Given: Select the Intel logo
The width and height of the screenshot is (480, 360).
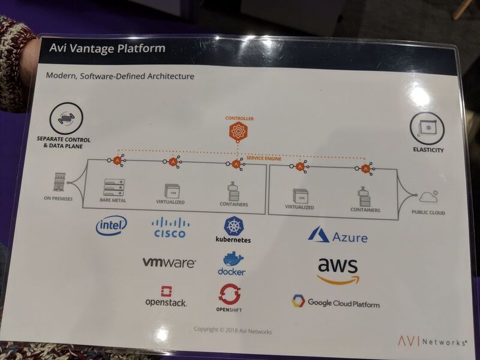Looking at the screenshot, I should (x=111, y=226).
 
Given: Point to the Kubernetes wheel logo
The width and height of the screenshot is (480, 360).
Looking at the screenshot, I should (x=233, y=226).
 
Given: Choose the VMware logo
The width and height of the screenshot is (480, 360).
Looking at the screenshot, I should (x=169, y=262).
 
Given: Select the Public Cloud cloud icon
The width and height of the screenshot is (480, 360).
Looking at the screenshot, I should (x=428, y=197).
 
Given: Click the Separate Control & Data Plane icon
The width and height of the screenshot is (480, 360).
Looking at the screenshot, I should (x=66, y=118).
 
